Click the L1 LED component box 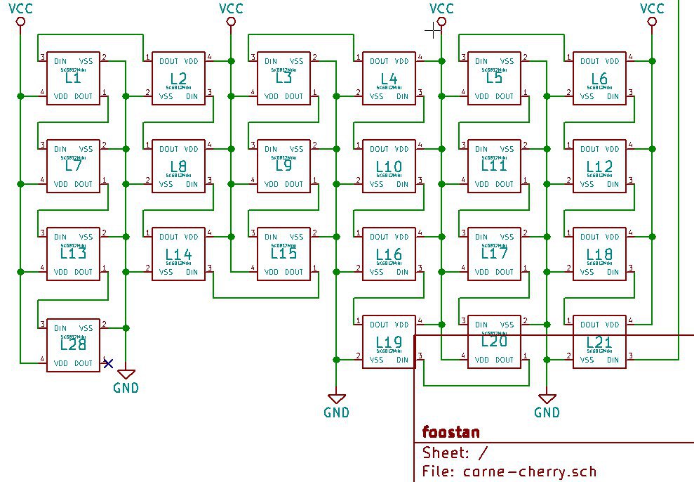click(x=73, y=78)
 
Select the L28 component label click(x=73, y=344)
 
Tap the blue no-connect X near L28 click(x=107, y=363)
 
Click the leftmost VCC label click(x=20, y=8)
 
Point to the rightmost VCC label click(x=652, y=8)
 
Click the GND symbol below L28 click(x=126, y=374)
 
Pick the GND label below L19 click(x=336, y=412)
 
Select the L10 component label click(x=389, y=167)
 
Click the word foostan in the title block click(x=451, y=431)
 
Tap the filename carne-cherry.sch click(x=530, y=471)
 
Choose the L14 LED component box click(x=178, y=254)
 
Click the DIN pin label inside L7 click(x=60, y=149)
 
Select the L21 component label click(x=599, y=343)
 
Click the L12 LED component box click(x=599, y=166)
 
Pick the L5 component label click(x=494, y=78)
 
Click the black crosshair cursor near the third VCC click(x=435, y=30)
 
